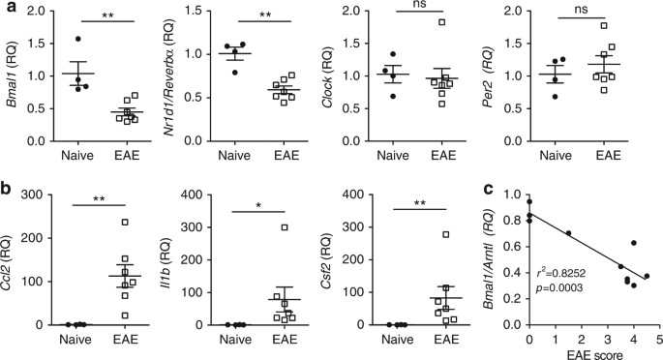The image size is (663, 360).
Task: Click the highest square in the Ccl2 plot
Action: (x=124, y=223)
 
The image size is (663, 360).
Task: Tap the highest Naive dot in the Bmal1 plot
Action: (x=79, y=40)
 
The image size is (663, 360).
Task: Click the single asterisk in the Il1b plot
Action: (x=259, y=200)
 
